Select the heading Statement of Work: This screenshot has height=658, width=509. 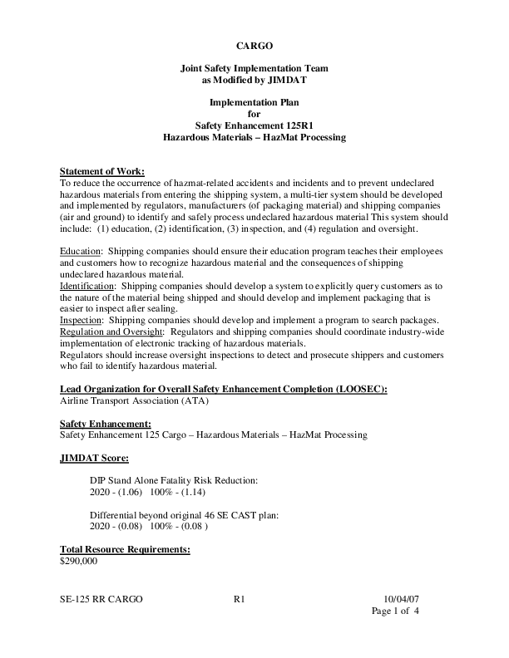point(103,171)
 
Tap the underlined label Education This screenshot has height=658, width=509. point(80,250)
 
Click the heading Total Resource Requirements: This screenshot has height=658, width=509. point(126,549)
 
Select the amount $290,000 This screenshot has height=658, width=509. point(80,561)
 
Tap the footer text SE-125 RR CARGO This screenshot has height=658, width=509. point(101,598)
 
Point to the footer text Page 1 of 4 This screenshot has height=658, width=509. point(395,611)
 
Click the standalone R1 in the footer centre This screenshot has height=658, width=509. point(240,598)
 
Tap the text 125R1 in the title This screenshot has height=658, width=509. point(305,125)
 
